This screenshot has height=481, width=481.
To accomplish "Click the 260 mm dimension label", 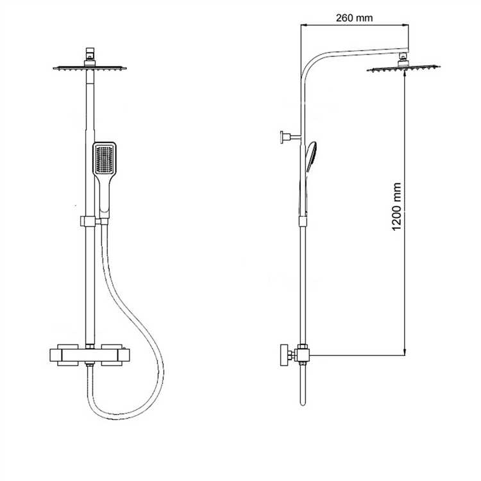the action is pos(354,18).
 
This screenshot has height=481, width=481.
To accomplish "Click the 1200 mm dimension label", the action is pos(396,207).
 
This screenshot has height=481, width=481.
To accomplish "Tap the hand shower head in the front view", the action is pos(105,158).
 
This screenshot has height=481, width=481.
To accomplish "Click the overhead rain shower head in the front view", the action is pos(90,68).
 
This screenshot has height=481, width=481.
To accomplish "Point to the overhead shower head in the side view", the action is pos(403,69).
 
